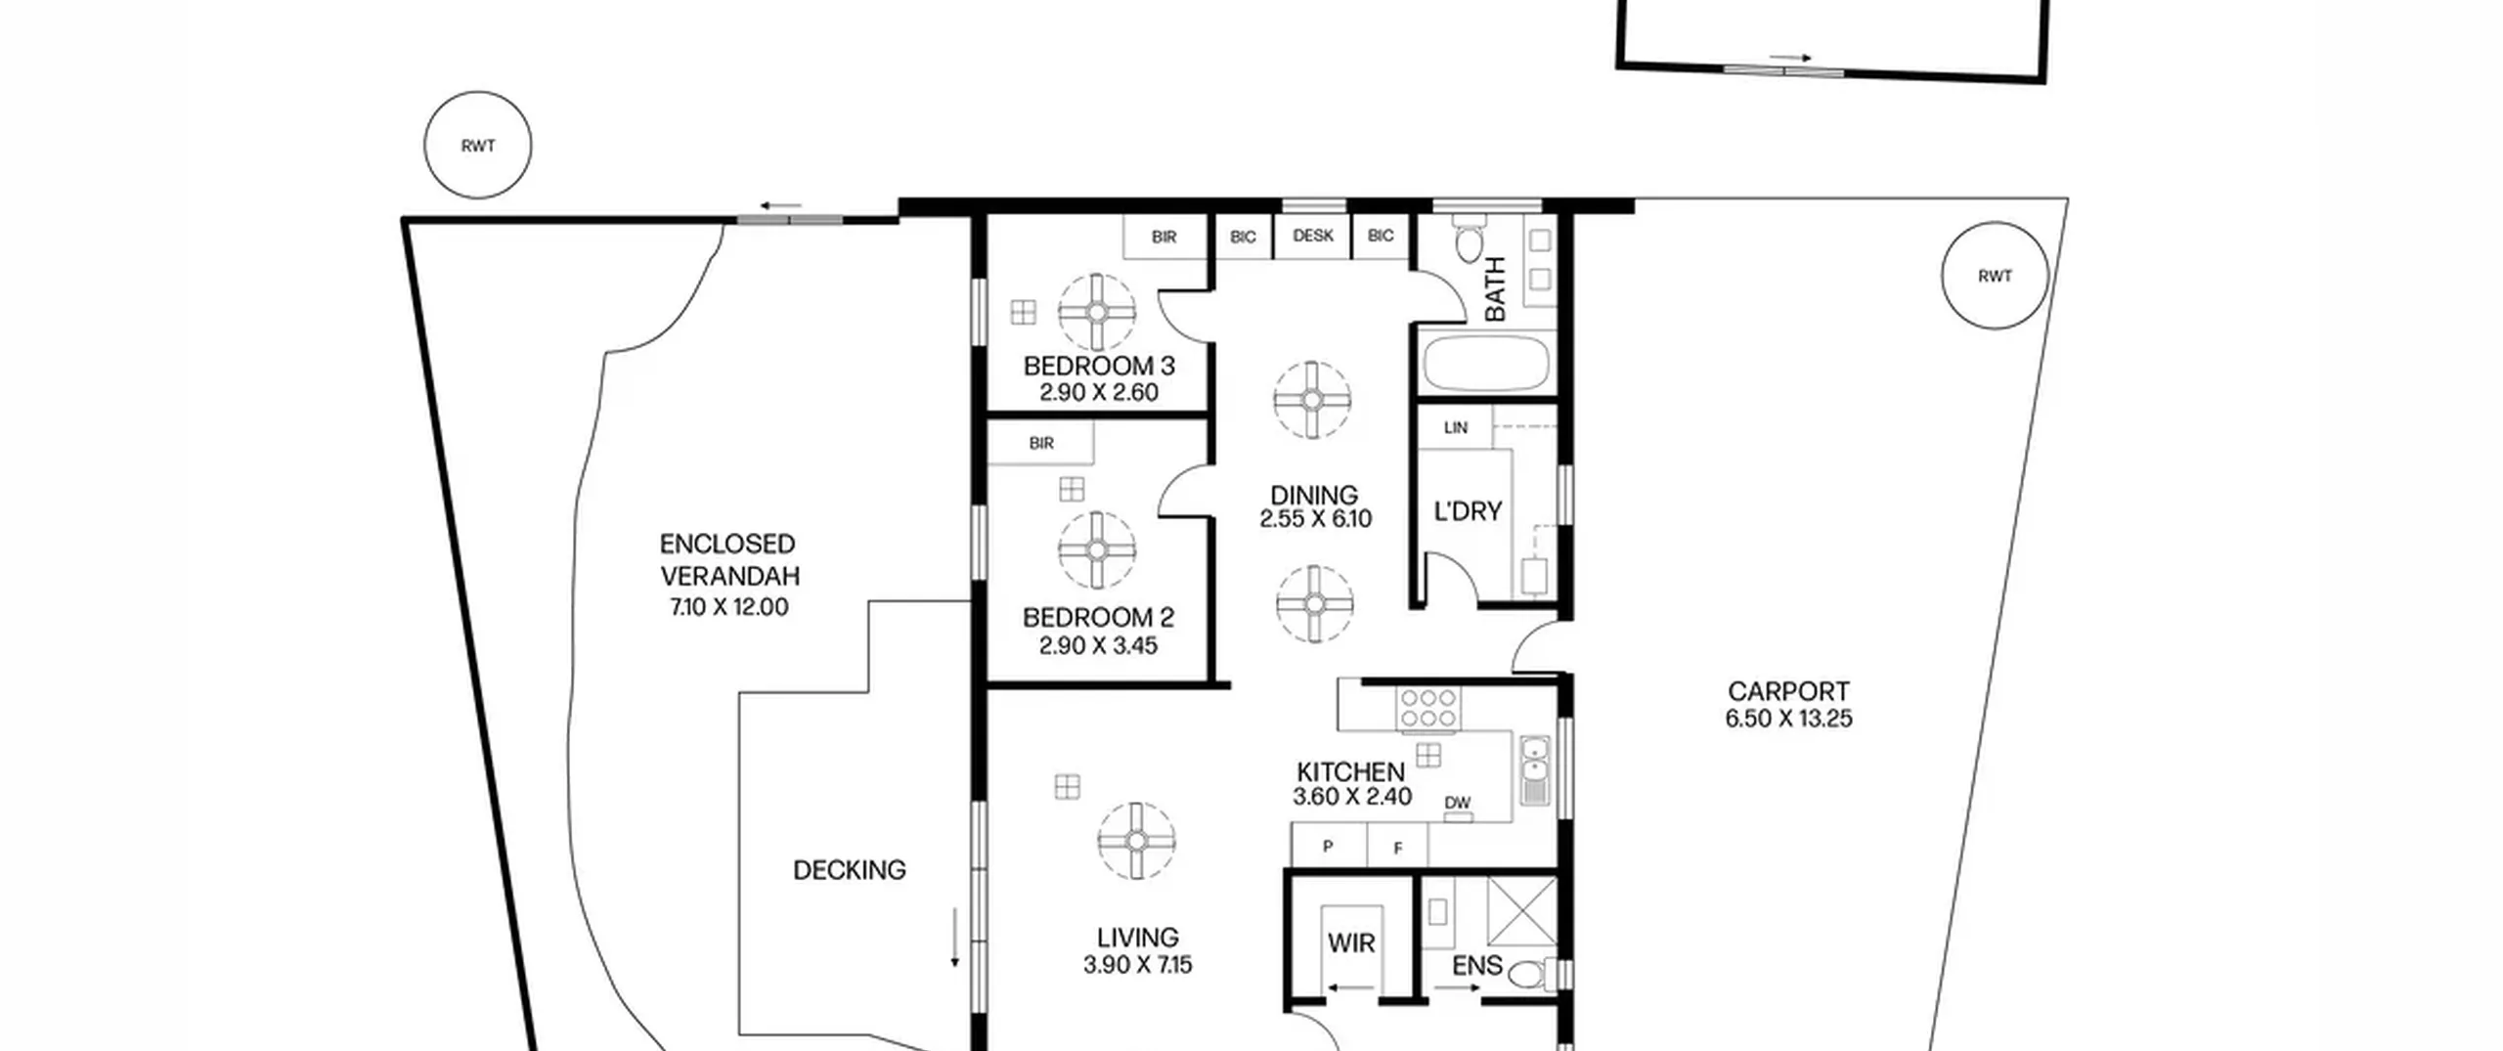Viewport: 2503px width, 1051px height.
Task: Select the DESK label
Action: point(1312,236)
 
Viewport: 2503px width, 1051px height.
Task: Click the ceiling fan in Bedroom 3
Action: point(1097,312)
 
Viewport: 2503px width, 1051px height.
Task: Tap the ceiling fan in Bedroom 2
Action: point(1097,550)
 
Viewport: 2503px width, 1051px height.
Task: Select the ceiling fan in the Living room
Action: point(1136,841)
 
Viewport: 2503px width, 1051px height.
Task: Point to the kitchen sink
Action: point(1535,769)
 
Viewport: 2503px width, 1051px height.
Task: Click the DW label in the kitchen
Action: point(1457,803)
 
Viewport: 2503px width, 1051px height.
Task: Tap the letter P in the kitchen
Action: point(1328,847)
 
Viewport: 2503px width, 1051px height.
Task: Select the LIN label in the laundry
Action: point(1456,427)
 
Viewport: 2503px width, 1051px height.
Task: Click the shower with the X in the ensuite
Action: point(1522,912)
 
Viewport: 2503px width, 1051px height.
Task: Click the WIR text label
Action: point(1351,943)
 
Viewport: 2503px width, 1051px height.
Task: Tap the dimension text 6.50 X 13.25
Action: point(1788,719)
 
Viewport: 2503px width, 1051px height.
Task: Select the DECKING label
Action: point(849,870)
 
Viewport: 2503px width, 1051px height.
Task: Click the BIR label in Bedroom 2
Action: point(1041,443)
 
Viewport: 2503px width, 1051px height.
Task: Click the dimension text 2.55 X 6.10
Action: point(1315,519)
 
